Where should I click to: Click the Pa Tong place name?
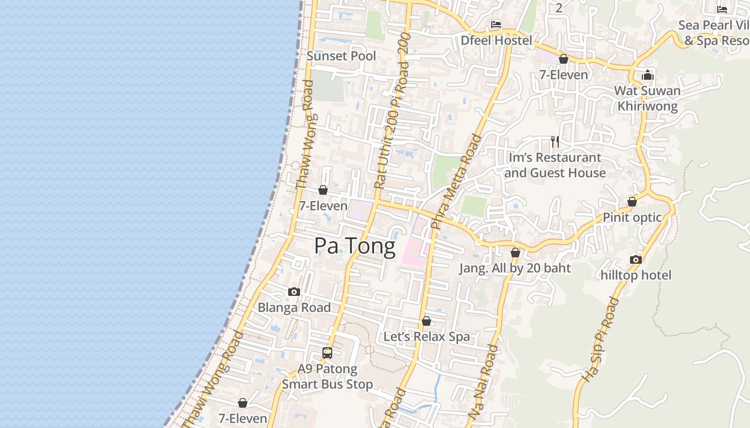tap(355, 246)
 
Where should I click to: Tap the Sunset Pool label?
tap(341, 56)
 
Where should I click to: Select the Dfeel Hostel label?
tap(497, 40)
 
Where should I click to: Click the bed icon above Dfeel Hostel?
tap(496, 25)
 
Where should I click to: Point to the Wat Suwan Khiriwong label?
tap(647, 98)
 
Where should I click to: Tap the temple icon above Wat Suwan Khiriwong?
tap(648, 74)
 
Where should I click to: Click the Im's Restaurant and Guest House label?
tap(555, 165)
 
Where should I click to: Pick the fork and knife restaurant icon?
tap(555, 142)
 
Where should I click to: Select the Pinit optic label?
tap(632, 217)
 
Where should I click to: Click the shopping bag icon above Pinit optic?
tap(632, 202)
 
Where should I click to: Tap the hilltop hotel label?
tap(636, 275)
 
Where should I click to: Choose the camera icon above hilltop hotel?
tap(636, 260)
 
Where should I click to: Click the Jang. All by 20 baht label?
tap(515, 268)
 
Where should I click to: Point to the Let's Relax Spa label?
tap(426, 337)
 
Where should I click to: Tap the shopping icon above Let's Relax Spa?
tap(426, 321)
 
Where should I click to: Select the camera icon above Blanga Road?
tap(294, 292)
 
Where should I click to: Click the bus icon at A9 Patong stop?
tap(327, 353)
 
